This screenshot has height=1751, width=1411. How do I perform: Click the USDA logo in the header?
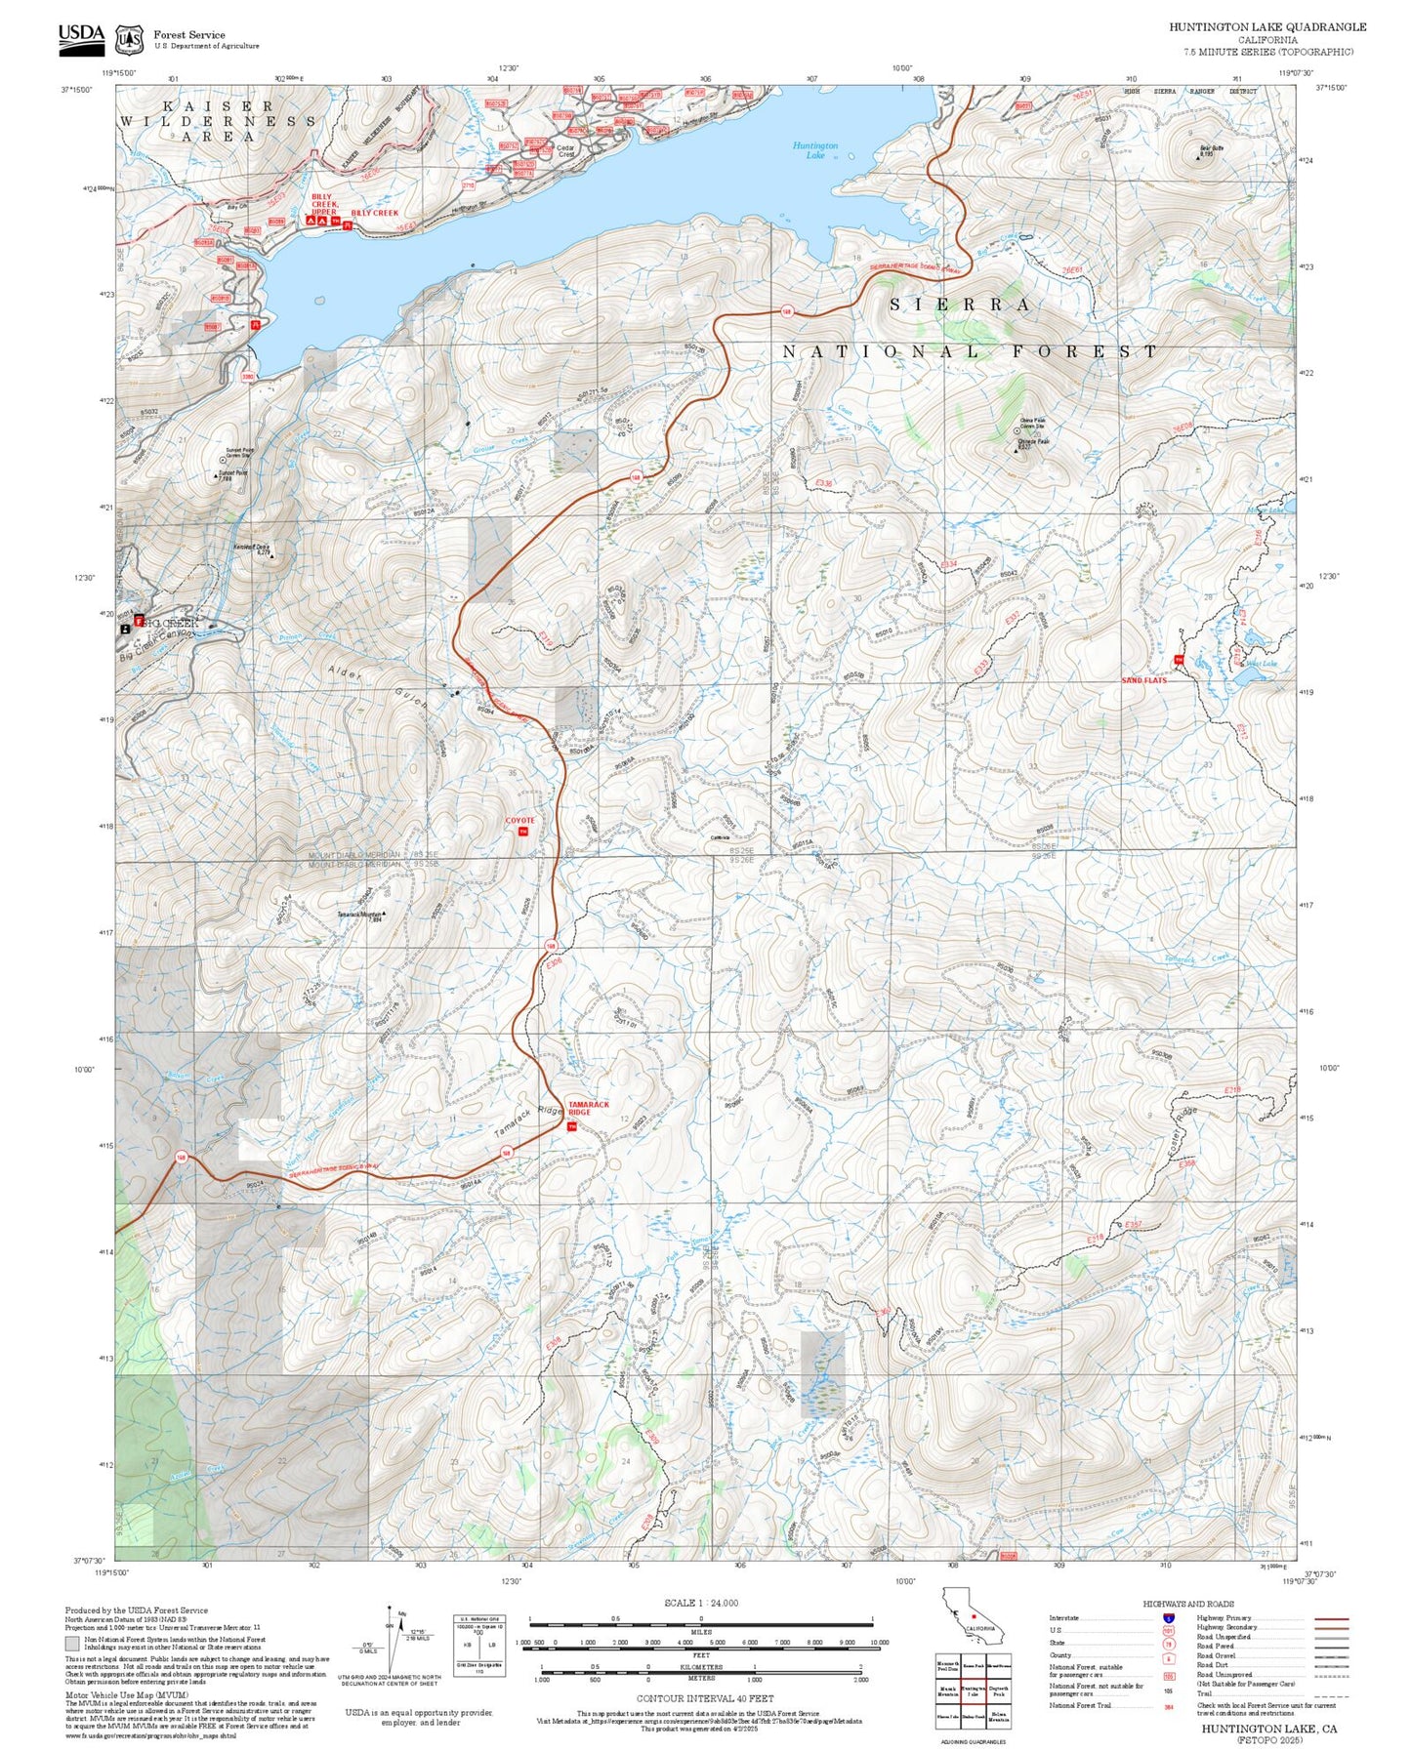click(81, 36)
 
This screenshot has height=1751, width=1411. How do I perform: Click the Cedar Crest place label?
click(565, 151)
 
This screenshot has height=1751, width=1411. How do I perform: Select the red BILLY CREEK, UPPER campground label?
click(323, 204)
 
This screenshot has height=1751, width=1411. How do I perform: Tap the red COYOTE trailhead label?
click(519, 820)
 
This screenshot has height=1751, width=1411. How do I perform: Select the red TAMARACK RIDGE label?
click(588, 1109)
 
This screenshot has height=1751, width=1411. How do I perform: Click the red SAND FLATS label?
click(1143, 680)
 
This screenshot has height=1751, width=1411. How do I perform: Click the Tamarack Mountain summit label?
click(359, 915)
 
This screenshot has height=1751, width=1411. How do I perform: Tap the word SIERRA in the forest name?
click(960, 305)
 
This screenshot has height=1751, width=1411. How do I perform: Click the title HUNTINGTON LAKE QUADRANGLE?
click(1267, 27)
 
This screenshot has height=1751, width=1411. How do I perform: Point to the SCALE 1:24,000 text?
click(701, 1602)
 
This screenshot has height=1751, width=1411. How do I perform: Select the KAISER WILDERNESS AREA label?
click(218, 121)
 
